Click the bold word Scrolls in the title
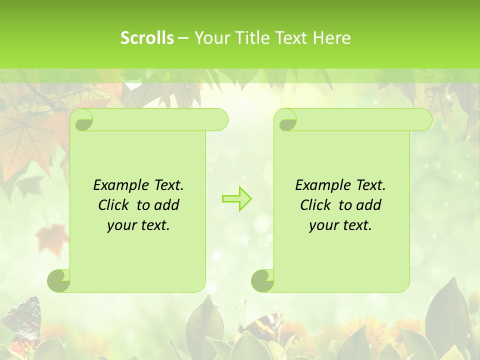click(147, 38)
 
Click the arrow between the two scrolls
click(237, 198)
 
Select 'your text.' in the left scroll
click(138, 225)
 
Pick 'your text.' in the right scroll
click(340, 225)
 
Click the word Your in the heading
click(210, 38)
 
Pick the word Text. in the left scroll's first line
click(167, 185)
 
